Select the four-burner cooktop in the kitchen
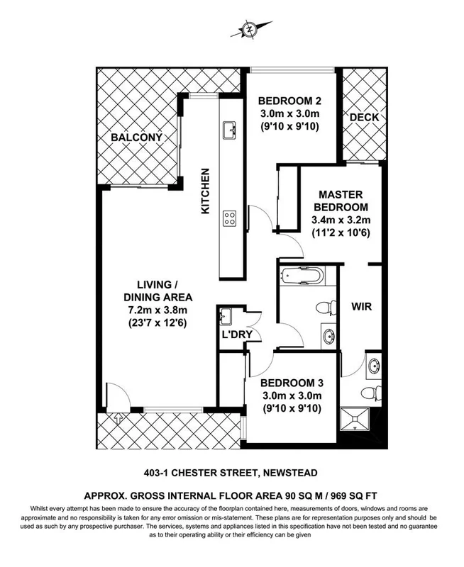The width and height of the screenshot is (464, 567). [x=230, y=218]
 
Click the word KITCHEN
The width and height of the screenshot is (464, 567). [x=206, y=191]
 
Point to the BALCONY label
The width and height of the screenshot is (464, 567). [x=137, y=137]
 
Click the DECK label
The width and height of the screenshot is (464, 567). [x=364, y=117]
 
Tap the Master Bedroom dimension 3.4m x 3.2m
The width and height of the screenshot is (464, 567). [x=341, y=220]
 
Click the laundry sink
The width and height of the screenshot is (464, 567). [x=227, y=315]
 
